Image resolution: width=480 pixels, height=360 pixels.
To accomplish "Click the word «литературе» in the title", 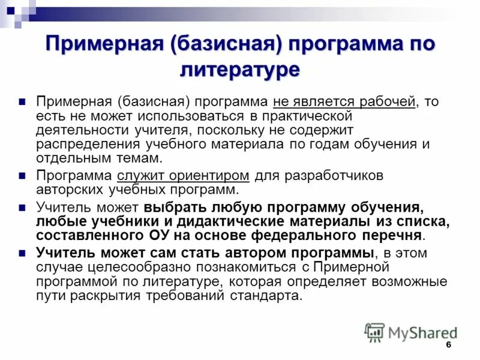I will tap(239, 70).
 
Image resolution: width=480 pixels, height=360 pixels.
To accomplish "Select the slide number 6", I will tap(448, 346).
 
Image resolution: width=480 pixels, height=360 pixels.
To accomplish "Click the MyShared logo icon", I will tap(375, 332).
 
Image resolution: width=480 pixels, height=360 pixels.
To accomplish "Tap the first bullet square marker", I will tap(22, 101).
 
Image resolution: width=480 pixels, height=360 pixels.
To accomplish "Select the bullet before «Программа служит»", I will tap(22, 176).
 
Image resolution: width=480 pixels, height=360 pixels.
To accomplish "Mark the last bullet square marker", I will tap(22, 252).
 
